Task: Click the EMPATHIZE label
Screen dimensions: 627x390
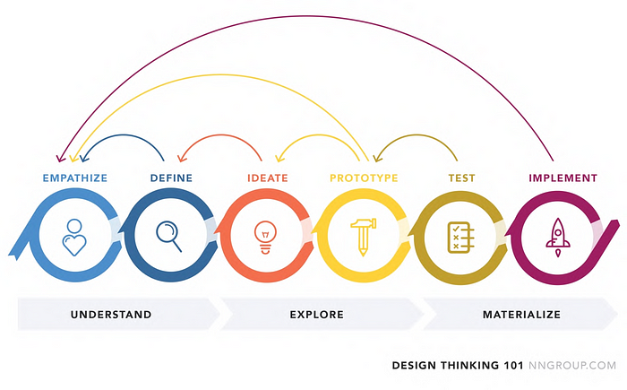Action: coord(74,178)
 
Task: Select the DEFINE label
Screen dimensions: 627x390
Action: coord(170,178)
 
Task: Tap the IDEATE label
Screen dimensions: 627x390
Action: coord(267,178)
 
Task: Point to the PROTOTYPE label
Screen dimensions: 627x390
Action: coord(364,178)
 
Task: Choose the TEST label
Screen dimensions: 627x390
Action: coord(460,178)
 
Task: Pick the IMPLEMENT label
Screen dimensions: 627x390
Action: coord(563,178)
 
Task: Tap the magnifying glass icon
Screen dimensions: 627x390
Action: coord(169,236)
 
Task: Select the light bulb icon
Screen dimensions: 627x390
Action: coord(265,237)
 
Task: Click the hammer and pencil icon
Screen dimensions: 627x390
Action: coord(362,236)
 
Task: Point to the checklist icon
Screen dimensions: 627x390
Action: coord(459,237)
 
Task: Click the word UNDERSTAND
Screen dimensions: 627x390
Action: coord(111,315)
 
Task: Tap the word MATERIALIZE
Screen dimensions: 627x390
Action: coord(521,315)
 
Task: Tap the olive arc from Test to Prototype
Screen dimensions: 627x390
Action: coord(416,136)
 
